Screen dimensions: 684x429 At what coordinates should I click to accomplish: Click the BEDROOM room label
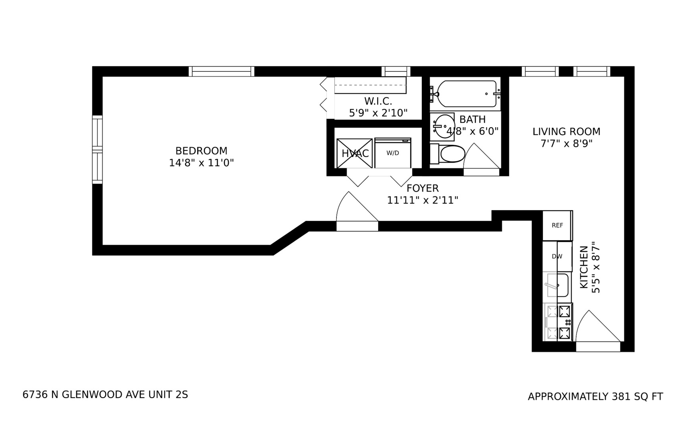[201, 151]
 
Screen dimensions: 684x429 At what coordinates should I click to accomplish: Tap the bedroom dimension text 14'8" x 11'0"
[201, 163]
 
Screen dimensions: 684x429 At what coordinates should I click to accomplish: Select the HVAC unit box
[354, 153]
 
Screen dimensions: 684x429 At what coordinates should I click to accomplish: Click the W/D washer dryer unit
[393, 153]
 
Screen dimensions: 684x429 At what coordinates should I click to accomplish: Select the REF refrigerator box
[557, 225]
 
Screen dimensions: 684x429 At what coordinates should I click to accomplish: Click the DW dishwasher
[557, 257]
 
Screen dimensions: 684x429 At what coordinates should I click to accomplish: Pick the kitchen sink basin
[558, 285]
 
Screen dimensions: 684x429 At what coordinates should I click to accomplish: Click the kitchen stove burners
[564, 322]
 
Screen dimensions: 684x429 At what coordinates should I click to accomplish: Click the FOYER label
[423, 188]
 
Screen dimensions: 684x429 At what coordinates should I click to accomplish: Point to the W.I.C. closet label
[378, 101]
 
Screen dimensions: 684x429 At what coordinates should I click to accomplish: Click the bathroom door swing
[481, 159]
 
